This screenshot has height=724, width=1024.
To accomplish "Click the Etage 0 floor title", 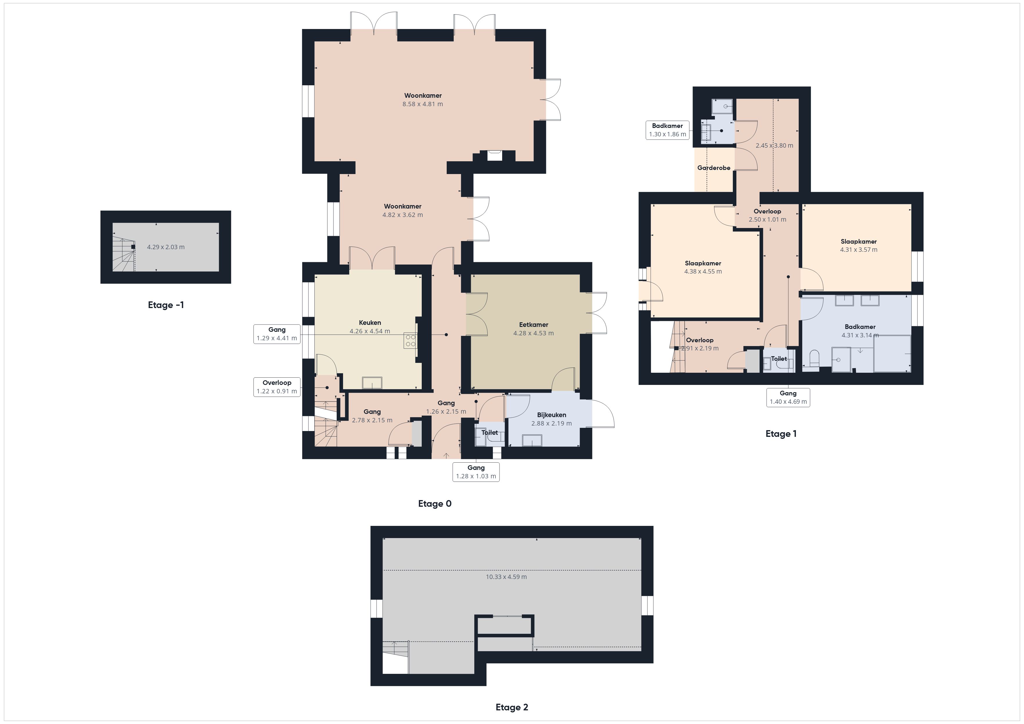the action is click(435, 504).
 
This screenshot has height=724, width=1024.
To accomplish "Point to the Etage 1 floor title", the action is click(781, 434).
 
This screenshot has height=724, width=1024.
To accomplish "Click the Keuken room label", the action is click(370, 322).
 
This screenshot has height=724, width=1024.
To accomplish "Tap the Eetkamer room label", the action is click(533, 325).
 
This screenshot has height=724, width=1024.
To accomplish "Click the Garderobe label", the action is click(714, 168).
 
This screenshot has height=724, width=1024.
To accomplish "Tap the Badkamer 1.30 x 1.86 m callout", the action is click(668, 130).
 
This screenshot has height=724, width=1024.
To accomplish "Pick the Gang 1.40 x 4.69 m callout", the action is click(788, 397).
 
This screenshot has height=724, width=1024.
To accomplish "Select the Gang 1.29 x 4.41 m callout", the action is click(277, 334).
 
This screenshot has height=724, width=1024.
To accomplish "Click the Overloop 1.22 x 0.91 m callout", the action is click(277, 387).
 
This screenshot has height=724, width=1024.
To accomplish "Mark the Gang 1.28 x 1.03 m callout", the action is click(476, 472).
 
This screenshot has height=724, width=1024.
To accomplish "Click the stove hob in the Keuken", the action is click(410, 341).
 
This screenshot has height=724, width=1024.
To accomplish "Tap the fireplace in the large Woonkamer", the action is click(494, 155).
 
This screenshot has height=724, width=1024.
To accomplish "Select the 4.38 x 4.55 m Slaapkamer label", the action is click(703, 267).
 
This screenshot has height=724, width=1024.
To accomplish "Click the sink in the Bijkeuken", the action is click(532, 441).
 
